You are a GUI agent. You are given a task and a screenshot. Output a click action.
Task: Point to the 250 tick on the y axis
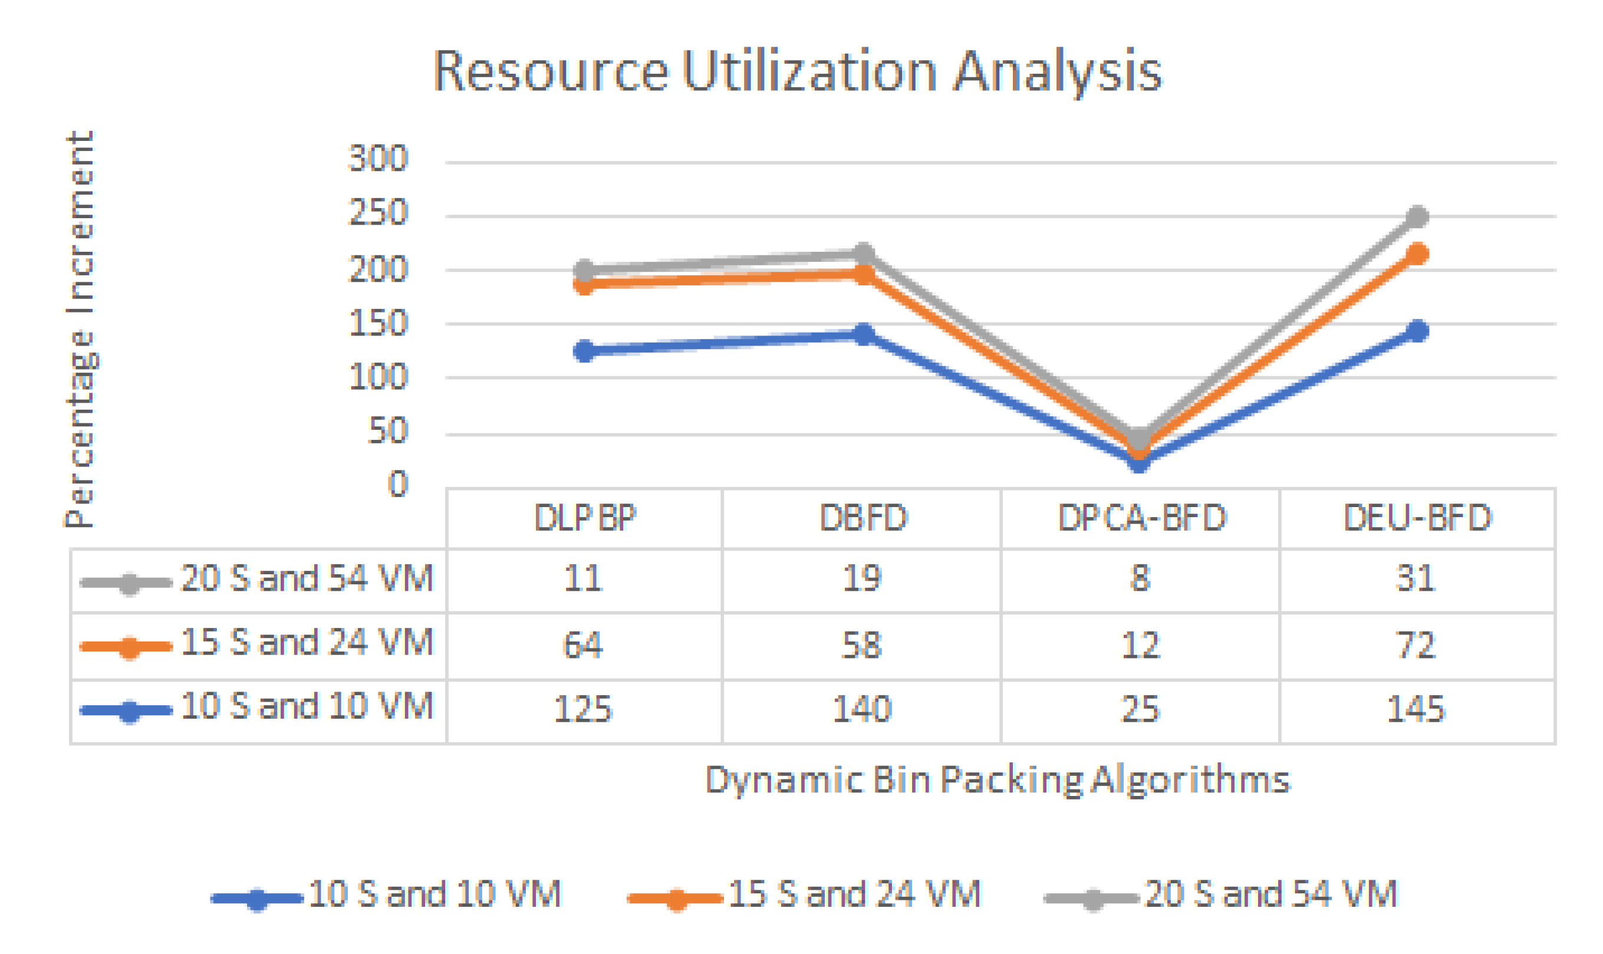click(x=378, y=212)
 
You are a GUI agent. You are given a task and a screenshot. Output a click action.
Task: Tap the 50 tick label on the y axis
click(x=387, y=430)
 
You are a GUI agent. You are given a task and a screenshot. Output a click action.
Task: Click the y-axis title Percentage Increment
click(x=80, y=329)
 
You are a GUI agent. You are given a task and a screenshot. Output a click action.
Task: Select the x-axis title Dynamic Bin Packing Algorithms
click(x=997, y=781)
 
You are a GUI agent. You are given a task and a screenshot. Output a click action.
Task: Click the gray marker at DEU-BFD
click(x=1417, y=216)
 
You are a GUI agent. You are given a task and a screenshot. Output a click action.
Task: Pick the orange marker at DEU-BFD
click(x=1417, y=254)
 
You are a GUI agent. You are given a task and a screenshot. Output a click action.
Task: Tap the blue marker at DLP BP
click(x=584, y=351)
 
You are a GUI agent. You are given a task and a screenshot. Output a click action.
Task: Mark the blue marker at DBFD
click(x=864, y=334)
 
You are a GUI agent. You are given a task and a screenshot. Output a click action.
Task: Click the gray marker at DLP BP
click(x=584, y=270)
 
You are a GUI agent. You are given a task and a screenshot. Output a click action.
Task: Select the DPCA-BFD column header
click(x=1141, y=518)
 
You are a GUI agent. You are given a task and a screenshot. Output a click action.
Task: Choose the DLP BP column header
click(x=584, y=518)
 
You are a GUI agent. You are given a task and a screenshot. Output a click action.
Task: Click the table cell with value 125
click(x=583, y=709)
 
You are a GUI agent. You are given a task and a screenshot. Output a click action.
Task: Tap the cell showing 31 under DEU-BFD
click(x=1416, y=578)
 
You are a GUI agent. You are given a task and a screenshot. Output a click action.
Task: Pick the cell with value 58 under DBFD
click(x=861, y=645)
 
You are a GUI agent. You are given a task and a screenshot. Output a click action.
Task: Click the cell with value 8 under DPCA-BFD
click(x=1140, y=578)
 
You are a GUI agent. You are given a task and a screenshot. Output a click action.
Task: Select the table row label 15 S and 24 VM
click(x=307, y=643)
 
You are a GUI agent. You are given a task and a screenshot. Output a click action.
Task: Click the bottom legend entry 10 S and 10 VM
click(x=435, y=894)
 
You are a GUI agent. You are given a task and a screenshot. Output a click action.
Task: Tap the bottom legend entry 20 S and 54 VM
click(x=1270, y=894)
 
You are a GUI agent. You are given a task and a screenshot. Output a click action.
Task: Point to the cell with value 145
click(x=1416, y=709)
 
